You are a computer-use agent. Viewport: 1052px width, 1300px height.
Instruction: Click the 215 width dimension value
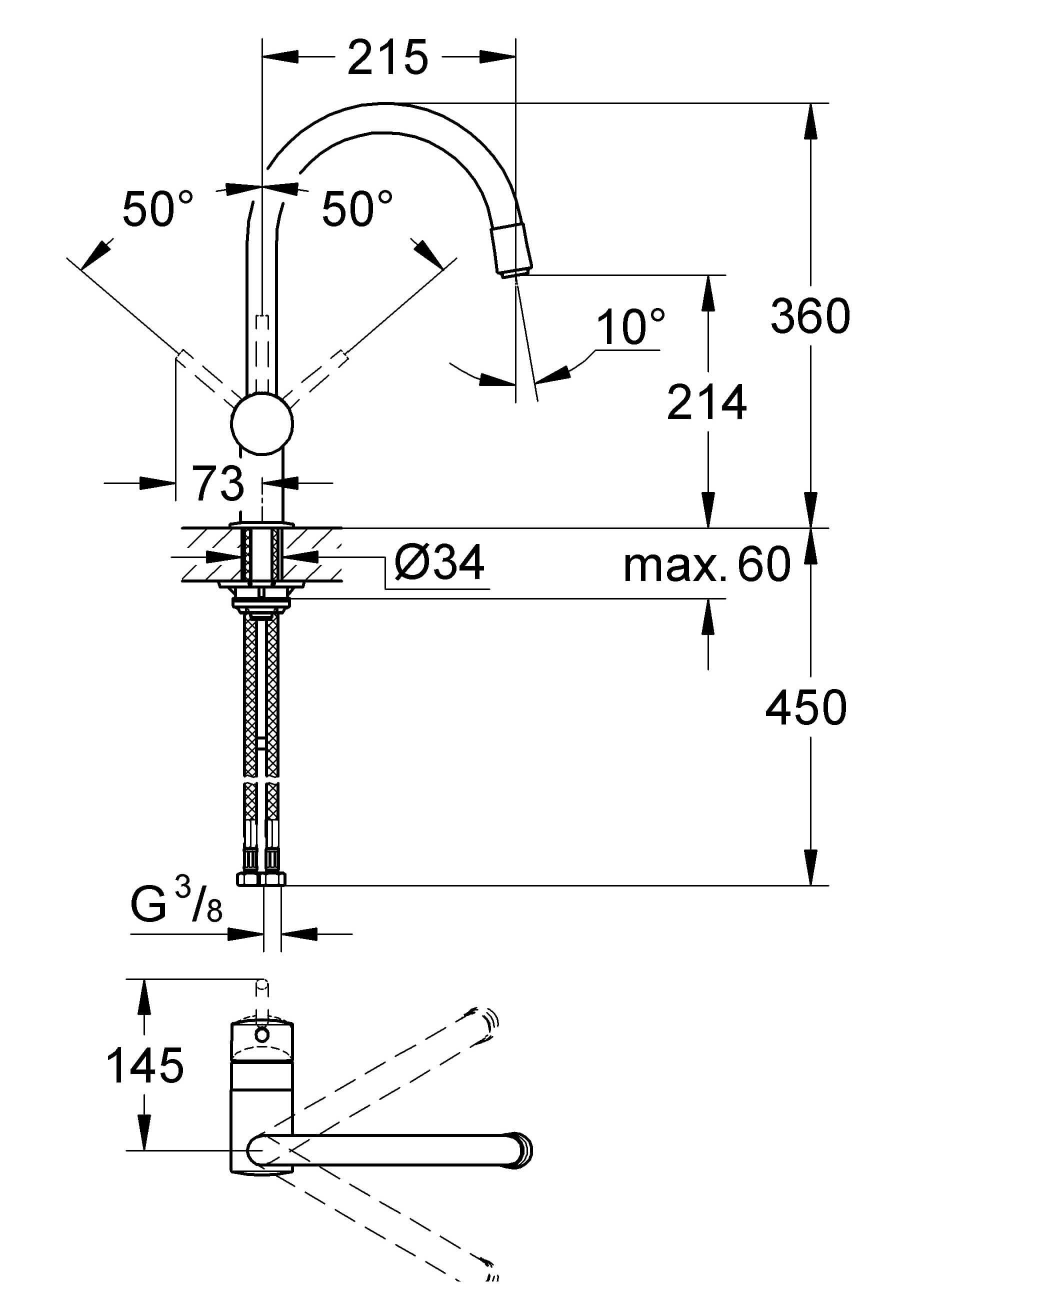(x=388, y=58)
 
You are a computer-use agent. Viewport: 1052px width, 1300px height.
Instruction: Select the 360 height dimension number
(x=810, y=316)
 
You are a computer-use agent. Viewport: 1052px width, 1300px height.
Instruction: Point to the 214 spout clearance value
(x=706, y=402)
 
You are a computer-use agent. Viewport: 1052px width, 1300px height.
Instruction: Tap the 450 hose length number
(x=806, y=708)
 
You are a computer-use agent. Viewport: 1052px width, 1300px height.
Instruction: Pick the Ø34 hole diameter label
(x=439, y=563)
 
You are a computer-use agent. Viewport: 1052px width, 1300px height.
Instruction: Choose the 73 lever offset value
(x=218, y=483)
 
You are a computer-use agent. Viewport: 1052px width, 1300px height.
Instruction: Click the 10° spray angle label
(x=630, y=327)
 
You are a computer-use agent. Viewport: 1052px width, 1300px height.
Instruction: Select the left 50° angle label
(x=157, y=209)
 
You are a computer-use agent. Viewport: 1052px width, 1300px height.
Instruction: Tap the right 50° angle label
(x=357, y=209)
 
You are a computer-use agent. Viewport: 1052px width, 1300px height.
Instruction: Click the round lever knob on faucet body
(x=262, y=423)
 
